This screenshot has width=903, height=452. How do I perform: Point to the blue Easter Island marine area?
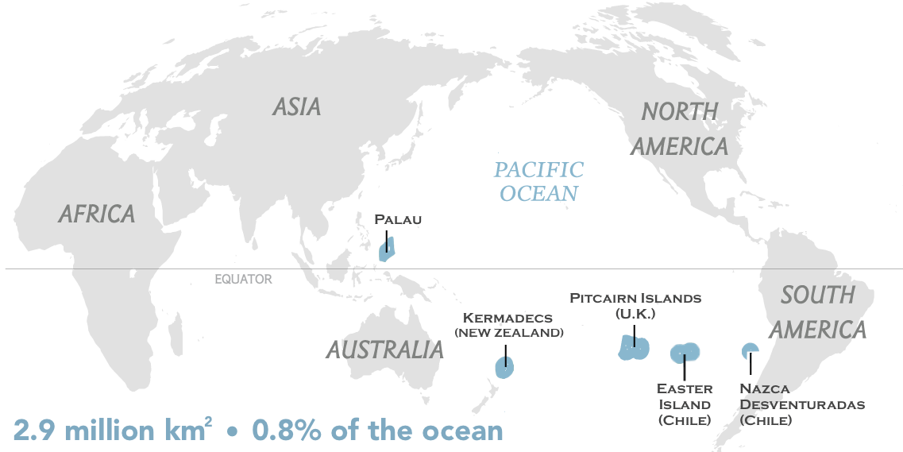point(684,352)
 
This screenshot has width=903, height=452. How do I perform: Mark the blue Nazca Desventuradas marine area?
point(749,350)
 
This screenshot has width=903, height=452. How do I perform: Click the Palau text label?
point(398,219)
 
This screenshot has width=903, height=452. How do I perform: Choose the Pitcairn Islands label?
point(635,299)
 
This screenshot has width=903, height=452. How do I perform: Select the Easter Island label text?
point(684,404)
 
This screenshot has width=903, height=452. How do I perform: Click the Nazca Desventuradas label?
point(801,404)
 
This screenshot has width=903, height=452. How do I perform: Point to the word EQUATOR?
point(243,280)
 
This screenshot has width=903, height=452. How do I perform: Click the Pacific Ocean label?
point(538,182)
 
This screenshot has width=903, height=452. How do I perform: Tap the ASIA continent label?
point(296,107)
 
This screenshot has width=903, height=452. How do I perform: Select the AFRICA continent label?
point(97,214)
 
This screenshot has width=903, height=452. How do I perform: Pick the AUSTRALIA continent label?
point(384,350)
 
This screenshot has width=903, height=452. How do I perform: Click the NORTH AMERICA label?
point(684,129)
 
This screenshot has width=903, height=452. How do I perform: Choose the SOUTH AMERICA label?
point(817,312)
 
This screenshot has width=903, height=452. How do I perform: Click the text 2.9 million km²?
point(114,430)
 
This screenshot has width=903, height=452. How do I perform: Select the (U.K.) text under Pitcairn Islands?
point(635,314)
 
